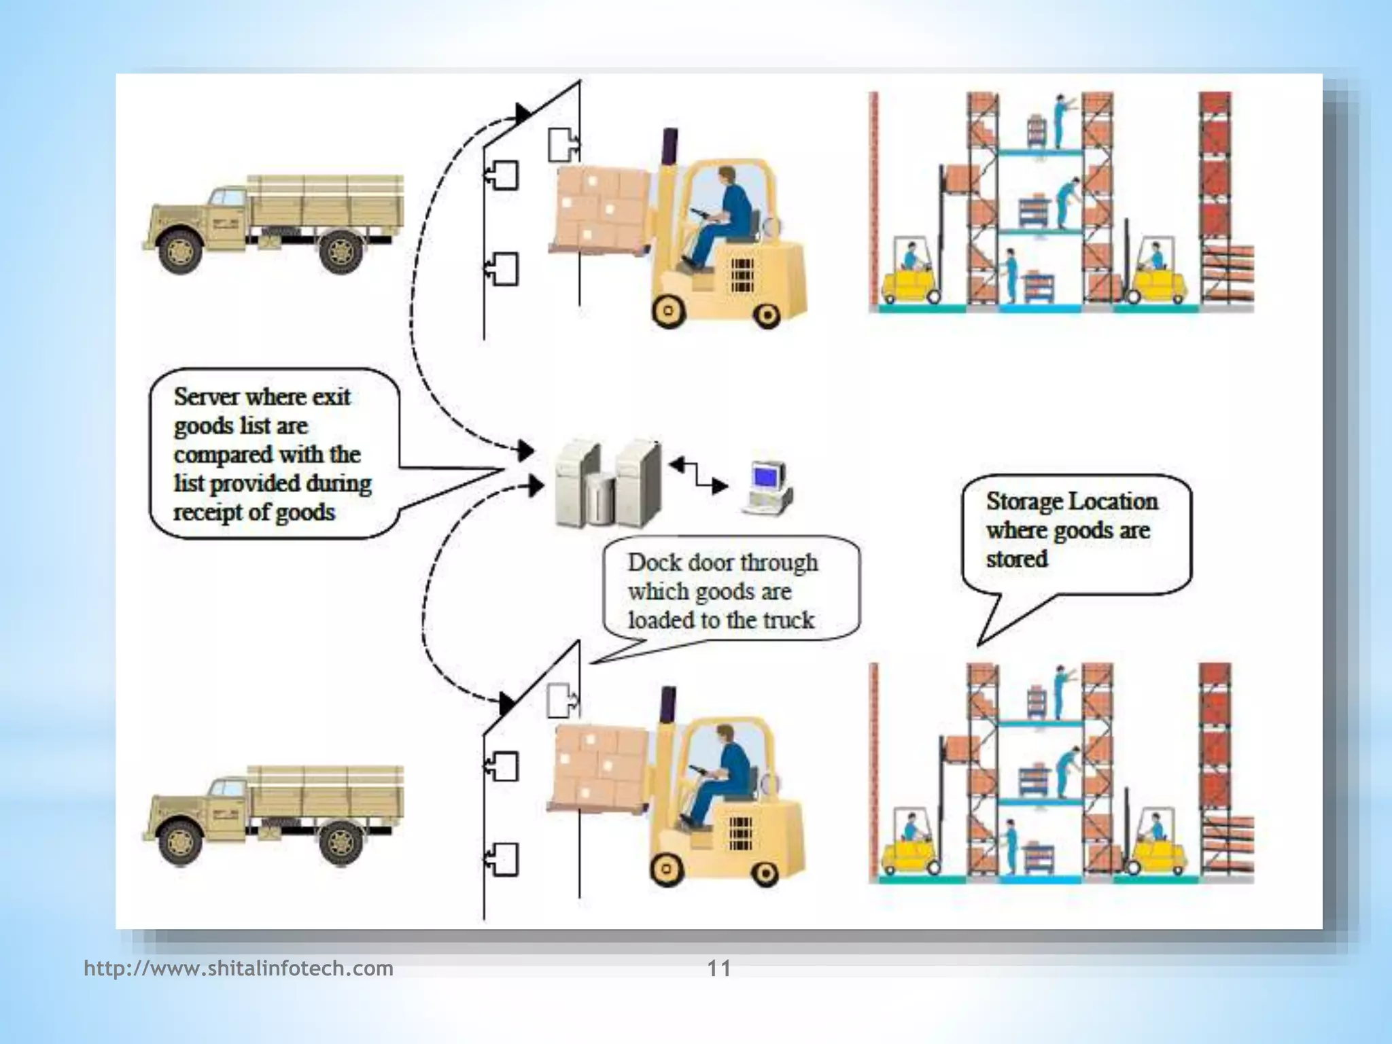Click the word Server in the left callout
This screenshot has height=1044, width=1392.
click(x=207, y=397)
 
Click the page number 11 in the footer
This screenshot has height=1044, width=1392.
click(x=719, y=968)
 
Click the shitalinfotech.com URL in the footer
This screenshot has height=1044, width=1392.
click(x=239, y=968)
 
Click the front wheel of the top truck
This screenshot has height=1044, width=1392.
click(x=179, y=251)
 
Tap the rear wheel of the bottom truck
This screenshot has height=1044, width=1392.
click(x=340, y=843)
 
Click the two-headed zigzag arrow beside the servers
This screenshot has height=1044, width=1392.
click(x=698, y=476)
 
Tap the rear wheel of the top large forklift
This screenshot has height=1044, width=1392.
click(x=767, y=315)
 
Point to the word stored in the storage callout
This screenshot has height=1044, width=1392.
click(x=1016, y=559)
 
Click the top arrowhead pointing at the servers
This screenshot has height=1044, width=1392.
click(x=525, y=449)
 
